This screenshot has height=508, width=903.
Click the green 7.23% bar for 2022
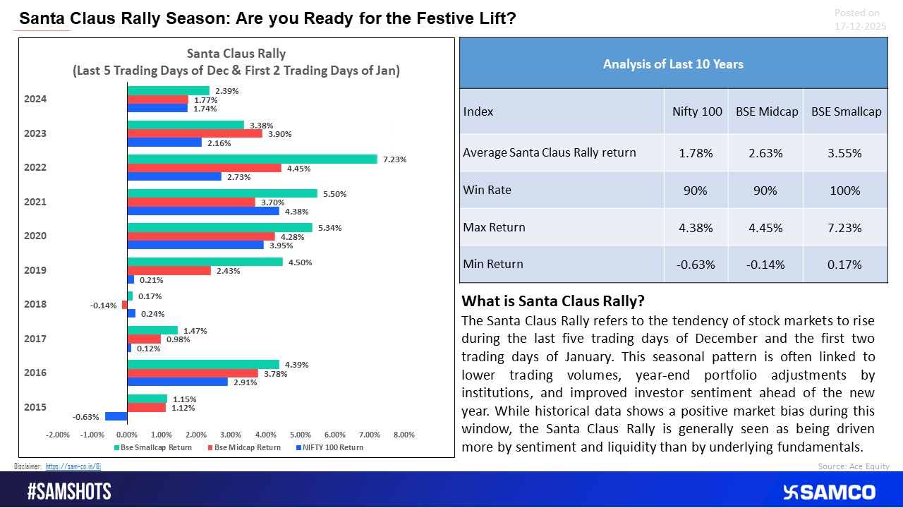[x=252, y=159]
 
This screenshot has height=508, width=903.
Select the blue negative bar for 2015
[x=116, y=416]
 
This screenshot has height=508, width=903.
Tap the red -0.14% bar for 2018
[x=125, y=305]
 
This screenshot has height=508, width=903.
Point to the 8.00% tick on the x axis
[x=404, y=435]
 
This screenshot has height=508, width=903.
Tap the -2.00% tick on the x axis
[x=57, y=435]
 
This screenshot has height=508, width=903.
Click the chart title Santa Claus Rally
[x=236, y=54]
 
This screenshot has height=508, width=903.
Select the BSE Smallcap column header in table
[x=846, y=111]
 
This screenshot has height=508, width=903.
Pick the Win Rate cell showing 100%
[x=846, y=190]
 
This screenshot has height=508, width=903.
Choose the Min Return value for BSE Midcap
[x=765, y=264]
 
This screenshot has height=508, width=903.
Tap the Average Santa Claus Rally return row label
[x=550, y=152]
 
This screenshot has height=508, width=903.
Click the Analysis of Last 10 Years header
[x=673, y=64]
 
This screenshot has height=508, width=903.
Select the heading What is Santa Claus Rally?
[x=552, y=301]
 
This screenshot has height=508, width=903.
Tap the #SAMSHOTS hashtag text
[x=69, y=492]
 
